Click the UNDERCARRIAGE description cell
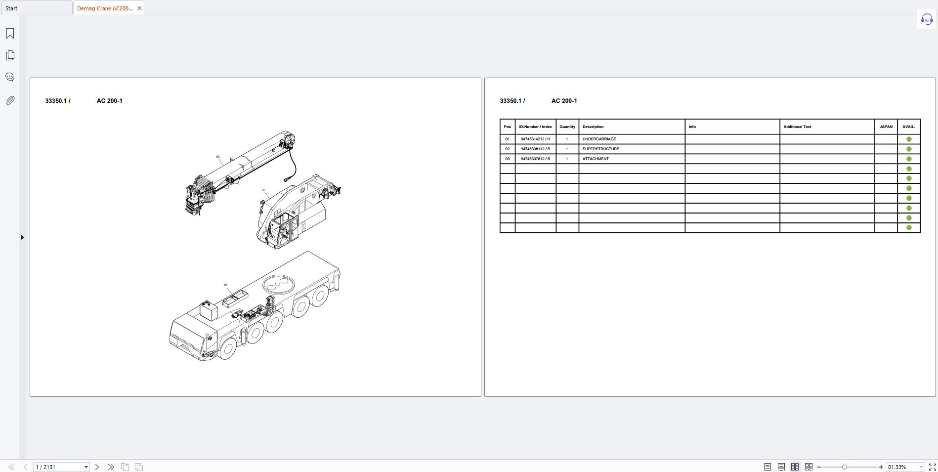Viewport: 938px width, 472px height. coord(631,139)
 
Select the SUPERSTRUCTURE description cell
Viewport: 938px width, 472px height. coord(631,149)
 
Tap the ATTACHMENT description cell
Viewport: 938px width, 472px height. coord(631,159)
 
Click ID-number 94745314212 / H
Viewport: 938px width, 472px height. coord(535,139)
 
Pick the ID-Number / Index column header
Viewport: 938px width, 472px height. coord(535,127)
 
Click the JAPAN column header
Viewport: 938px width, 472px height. coord(886,127)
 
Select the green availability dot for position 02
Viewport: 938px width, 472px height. coord(908,149)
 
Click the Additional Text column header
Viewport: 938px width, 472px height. coord(827,127)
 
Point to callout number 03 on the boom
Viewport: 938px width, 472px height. coord(217,157)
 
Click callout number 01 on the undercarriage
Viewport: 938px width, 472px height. coord(226,285)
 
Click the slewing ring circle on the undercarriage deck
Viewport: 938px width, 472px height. coord(278,284)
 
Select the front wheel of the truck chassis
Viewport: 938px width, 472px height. coord(227,348)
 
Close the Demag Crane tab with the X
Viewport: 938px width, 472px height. coord(139,8)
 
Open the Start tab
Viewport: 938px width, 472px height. coord(36,8)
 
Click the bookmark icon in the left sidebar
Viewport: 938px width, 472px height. coord(10,33)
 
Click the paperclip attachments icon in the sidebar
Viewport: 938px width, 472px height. coord(10,101)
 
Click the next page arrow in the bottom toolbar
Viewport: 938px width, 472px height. coord(97,467)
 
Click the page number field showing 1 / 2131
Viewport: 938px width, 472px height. coord(58,467)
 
